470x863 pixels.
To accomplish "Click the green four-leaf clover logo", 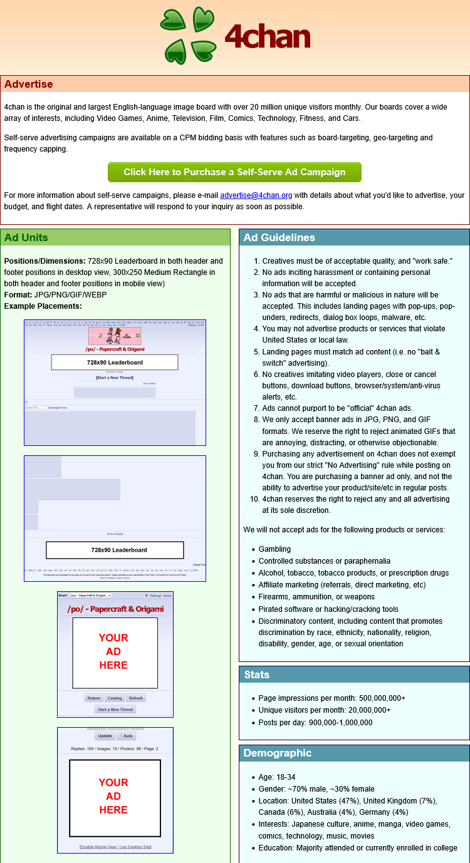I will click(188, 35).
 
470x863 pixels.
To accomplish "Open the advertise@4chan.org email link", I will click(256, 195).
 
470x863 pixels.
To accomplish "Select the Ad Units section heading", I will click(26, 237).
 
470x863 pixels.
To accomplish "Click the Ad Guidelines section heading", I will click(279, 237).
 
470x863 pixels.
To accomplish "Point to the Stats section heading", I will click(256, 674).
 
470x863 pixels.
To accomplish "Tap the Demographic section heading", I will click(277, 753).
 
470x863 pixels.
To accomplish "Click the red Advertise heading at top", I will click(28, 84).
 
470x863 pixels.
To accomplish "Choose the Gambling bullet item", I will click(274, 549).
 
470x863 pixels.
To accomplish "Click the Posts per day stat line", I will click(315, 723).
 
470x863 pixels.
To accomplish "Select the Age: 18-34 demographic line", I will click(276, 777).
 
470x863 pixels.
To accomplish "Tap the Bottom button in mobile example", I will click(94, 698).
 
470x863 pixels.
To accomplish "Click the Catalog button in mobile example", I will click(114, 698).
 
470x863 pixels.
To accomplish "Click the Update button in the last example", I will click(105, 736).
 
